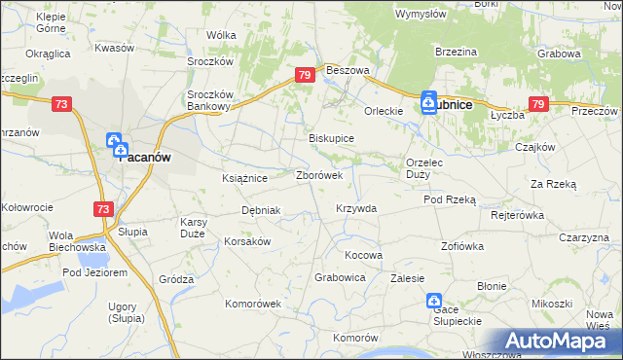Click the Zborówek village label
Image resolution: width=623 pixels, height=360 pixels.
(318, 176)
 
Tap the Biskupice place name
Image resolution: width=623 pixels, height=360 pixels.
(331, 138)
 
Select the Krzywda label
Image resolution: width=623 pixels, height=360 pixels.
(355, 208)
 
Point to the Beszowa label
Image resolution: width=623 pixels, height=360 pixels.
(348, 71)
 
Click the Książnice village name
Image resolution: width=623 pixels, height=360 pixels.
(244, 178)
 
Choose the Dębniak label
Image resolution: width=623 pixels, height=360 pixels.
(261, 210)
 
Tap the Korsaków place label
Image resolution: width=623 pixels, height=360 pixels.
(247, 240)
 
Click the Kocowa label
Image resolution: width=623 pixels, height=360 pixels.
(364, 255)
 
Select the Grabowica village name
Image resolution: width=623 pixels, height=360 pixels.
(340, 277)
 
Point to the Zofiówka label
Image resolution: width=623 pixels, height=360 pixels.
(462, 246)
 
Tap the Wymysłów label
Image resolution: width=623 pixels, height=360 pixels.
(421, 15)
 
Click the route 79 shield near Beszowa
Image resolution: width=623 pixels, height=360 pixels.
(306, 75)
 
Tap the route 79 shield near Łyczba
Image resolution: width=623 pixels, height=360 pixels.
(538, 103)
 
